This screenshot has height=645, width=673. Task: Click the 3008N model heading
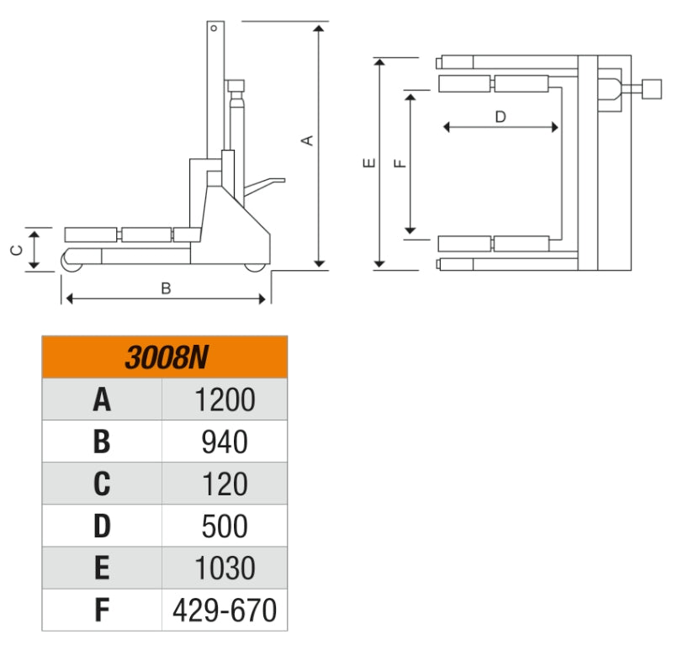coord(165,357)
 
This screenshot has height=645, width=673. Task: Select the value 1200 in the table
coord(225,399)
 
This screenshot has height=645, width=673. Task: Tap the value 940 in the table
coord(225,441)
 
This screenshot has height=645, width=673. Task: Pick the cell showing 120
coord(225,484)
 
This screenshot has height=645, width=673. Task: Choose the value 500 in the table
coord(225,526)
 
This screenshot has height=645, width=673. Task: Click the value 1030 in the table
coord(225,568)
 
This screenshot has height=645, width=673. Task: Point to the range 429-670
coord(225,611)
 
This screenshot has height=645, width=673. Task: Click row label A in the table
coord(102,399)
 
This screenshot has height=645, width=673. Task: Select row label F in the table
coord(102,611)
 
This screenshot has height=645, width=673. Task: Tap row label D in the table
coord(102,526)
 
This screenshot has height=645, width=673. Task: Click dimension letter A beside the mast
coord(309,140)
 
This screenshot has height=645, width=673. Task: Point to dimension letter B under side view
coord(166,288)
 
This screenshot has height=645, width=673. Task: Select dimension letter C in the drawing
coord(16,249)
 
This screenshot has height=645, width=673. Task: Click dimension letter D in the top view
coord(501,117)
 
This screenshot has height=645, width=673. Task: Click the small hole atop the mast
coord(215,29)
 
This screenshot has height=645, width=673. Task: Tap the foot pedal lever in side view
coord(268,181)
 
